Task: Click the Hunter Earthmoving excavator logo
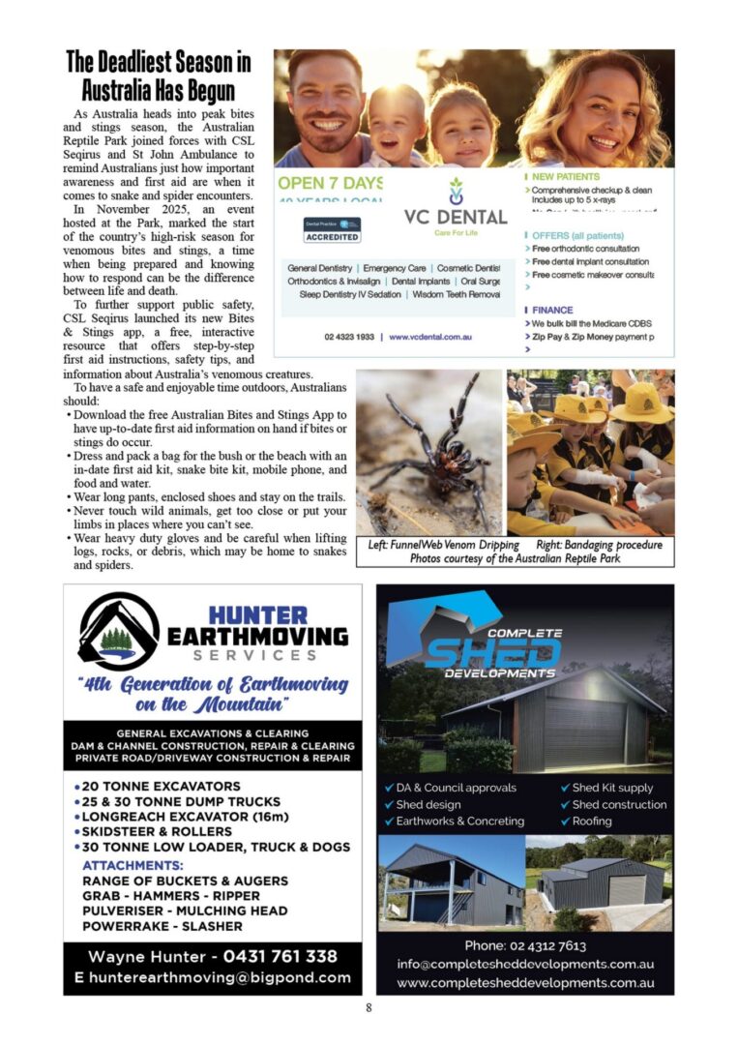click(118, 632)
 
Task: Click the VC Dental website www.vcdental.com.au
click(430, 337)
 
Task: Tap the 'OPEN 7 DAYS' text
click(329, 183)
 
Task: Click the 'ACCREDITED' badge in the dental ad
click(332, 236)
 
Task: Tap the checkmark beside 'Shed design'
click(389, 805)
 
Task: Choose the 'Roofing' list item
click(592, 821)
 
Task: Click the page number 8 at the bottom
click(369, 1007)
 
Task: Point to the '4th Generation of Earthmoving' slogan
click(213, 684)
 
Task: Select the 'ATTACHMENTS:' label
click(133, 865)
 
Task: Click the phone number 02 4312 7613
click(525, 945)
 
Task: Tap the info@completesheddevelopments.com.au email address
click(525, 964)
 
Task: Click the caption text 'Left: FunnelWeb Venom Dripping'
click(444, 545)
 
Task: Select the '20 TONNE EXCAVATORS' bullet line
click(162, 787)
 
